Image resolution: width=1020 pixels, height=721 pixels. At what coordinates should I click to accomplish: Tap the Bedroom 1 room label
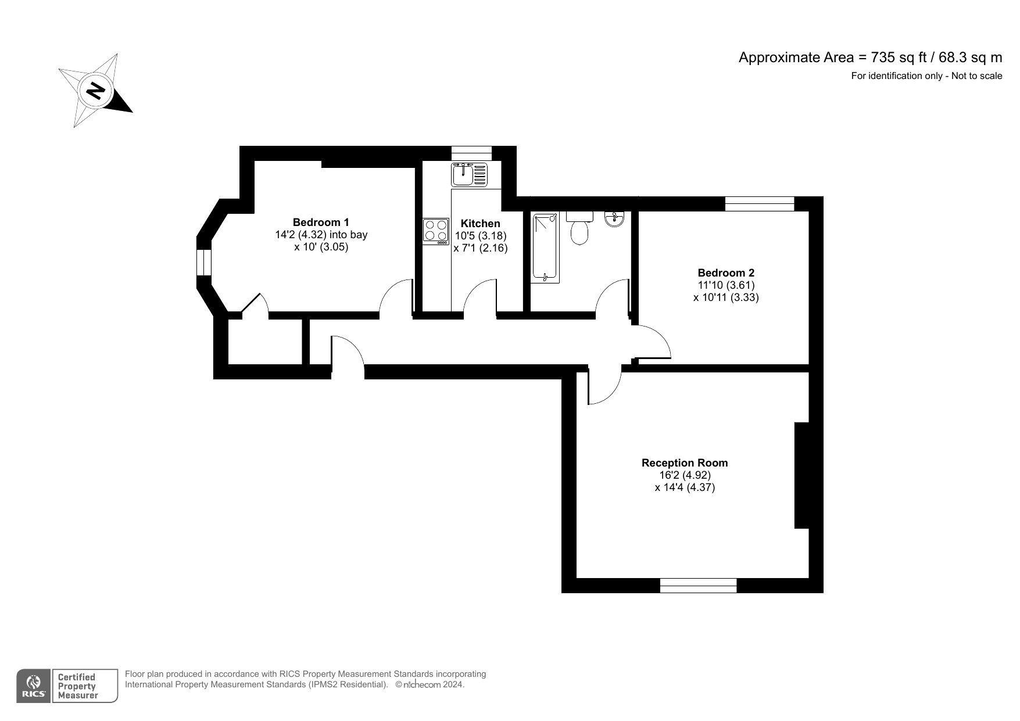pos(321,222)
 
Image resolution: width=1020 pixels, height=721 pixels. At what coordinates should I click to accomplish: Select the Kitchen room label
pos(480,224)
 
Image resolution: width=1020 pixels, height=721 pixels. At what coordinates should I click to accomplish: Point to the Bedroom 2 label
pos(726,272)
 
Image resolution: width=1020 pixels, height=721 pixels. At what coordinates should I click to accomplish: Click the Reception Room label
pos(685,463)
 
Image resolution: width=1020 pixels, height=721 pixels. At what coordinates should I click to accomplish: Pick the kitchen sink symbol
pos(469,174)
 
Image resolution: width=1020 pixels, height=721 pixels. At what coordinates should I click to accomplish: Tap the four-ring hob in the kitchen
pos(436,230)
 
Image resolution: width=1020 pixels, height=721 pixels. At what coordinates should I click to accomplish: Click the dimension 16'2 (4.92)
pos(685,475)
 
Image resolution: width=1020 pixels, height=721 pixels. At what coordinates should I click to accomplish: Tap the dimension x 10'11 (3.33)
pos(726,297)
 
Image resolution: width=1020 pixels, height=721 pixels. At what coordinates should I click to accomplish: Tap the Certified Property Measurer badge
pos(84,686)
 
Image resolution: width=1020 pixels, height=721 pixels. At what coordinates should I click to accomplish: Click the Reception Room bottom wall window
pos(698,586)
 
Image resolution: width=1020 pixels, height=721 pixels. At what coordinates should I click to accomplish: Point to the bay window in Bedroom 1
pos(204,262)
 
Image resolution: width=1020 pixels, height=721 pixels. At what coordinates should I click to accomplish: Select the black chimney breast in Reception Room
pos(802,475)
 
